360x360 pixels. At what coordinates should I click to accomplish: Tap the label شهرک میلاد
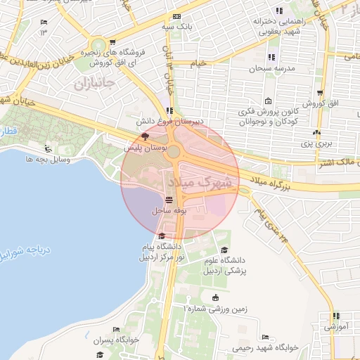pos(200,181)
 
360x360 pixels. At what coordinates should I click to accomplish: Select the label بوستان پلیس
pos(146,149)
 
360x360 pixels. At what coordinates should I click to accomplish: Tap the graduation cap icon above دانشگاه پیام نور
pos(162,236)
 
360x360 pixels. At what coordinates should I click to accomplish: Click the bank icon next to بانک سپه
pos(176,16)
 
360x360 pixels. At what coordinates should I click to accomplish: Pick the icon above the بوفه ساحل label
pos(168,200)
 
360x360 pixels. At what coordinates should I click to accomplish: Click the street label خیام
pos(200,63)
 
